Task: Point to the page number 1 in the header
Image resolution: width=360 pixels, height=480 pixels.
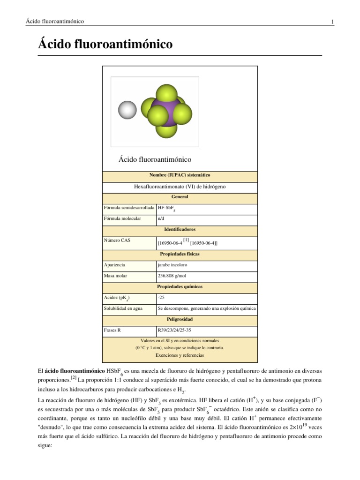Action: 332,22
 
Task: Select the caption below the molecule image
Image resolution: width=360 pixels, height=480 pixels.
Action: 155,159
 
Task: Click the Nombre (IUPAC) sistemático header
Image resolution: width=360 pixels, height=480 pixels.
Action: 180,174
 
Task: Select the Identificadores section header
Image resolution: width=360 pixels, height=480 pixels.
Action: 180,230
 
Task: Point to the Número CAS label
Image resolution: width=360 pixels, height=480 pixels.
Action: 118,240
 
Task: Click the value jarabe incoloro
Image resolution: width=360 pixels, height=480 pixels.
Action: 172,265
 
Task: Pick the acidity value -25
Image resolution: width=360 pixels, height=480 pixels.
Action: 162,298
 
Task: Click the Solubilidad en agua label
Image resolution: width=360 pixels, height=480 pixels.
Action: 123,308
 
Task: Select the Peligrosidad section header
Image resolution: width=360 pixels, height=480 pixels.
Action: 180,319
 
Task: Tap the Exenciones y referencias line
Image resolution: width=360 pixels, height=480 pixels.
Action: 180,355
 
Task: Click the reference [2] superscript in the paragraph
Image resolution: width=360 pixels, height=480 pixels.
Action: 74,378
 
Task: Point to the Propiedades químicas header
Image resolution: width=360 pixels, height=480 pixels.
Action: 180,286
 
